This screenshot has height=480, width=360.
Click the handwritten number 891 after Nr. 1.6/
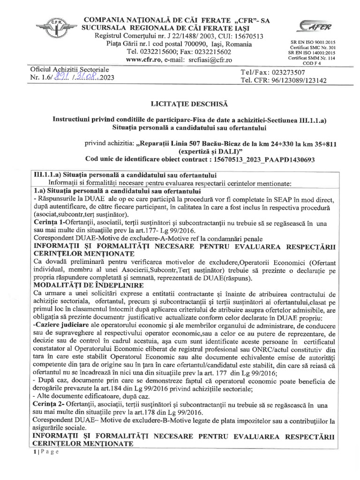tap(60, 78)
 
